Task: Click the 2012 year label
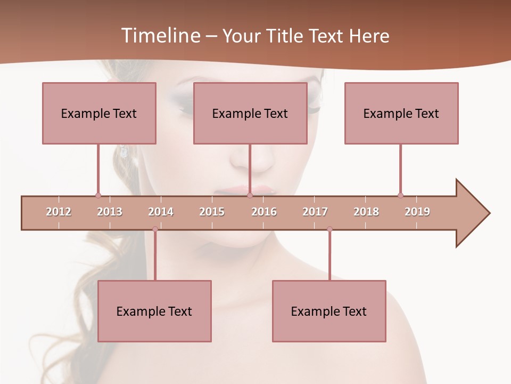(59, 212)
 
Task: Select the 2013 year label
(110, 212)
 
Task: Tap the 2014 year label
(161, 212)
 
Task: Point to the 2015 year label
(212, 212)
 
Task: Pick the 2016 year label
(264, 212)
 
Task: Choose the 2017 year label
(315, 212)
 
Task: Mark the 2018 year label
(366, 212)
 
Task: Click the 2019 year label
(417, 212)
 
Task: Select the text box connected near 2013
(99, 113)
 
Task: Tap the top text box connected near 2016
(250, 113)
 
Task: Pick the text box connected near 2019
(401, 113)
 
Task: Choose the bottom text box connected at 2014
(154, 311)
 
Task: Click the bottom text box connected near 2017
(329, 311)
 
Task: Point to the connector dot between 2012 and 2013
(98, 195)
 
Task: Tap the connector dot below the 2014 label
(155, 229)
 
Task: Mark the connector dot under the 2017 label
(329, 229)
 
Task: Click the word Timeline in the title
(160, 36)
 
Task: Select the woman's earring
(123, 151)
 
